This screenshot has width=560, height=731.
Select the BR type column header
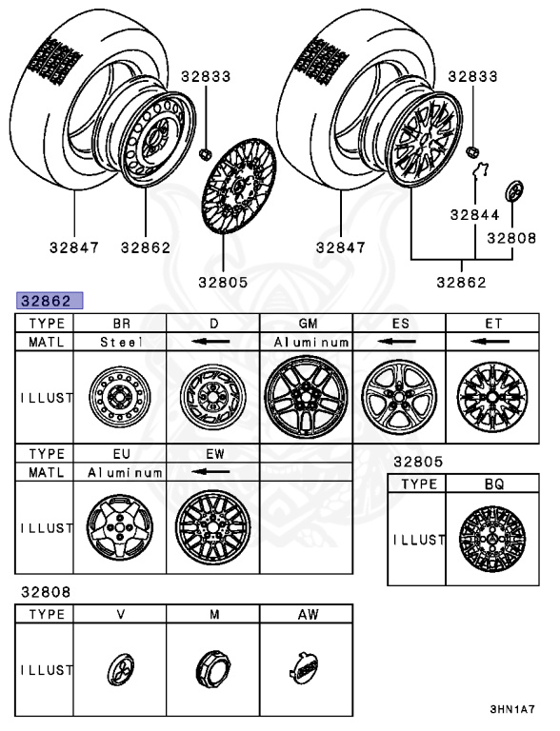tap(121, 324)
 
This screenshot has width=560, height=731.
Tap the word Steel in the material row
tap(121, 341)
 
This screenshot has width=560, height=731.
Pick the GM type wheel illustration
tap(307, 396)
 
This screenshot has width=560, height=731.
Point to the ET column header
tap(492, 324)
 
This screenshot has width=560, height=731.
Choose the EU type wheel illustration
tap(120, 525)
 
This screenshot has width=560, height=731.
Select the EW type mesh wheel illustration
tap(212, 525)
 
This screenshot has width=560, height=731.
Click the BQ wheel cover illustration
tap(492, 539)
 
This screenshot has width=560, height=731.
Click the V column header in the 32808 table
tap(121, 615)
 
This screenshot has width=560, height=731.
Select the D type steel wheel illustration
tap(213, 397)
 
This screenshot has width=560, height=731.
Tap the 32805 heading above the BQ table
tap(418, 462)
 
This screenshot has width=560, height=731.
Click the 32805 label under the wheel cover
tap(223, 282)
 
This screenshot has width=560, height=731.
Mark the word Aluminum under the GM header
tap(307, 341)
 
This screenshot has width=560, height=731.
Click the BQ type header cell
tap(492, 484)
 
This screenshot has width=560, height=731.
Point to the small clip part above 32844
tap(482, 171)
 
